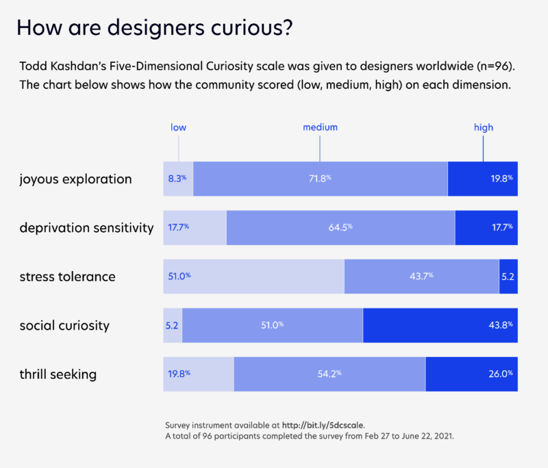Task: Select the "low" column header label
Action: [x=178, y=127]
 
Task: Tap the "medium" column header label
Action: [x=321, y=127]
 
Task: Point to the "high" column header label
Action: [x=483, y=127]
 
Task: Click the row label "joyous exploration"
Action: [x=75, y=179]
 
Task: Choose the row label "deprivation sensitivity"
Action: [x=86, y=228]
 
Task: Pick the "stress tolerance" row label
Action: [x=67, y=276]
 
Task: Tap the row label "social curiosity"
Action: [x=64, y=325]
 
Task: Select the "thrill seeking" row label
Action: [x=58, y=374]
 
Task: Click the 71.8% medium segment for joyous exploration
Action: [x=320, y=179]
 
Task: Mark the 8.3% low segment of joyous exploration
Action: [x=177, y=179]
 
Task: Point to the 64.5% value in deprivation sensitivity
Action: [x=340, y=227]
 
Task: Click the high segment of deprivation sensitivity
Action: [x=486, y=227]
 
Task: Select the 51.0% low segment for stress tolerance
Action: [x=253, y=276]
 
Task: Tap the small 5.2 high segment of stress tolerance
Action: [x=508, y=276]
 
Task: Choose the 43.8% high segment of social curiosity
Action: [x=440, y=325]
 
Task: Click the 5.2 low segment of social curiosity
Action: [x=173, y=325]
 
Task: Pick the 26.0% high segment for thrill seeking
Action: [x=471, y=374]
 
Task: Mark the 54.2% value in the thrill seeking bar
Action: [x=329, y=374]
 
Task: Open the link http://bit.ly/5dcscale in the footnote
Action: [x=327, y=424]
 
